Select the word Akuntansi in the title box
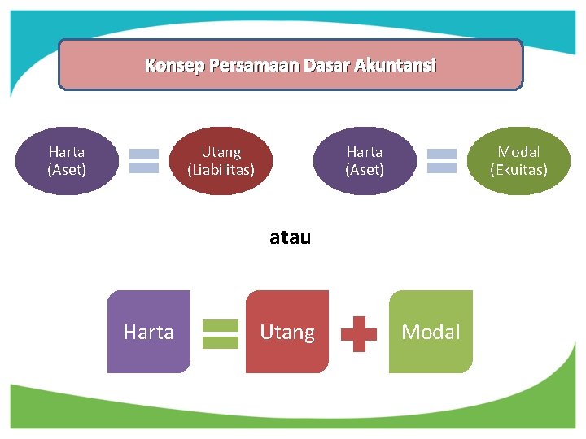point(396,65)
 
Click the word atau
point(291,238)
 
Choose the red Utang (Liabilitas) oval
point(221,161)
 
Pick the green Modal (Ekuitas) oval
point(518,161)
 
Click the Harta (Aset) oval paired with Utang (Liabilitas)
point(67,161)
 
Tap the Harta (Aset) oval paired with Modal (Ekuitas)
point(365,161)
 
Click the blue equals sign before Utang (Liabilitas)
point(144,161)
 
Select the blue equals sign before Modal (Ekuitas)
point(442,161)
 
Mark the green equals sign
point(220,333)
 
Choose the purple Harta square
point(148,332)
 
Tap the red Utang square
point(287,332)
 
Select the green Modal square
point(431,332)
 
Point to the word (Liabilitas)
point(221,170)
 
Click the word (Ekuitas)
point(518,170)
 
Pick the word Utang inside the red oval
point(221,152)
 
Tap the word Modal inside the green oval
point(518,152)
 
